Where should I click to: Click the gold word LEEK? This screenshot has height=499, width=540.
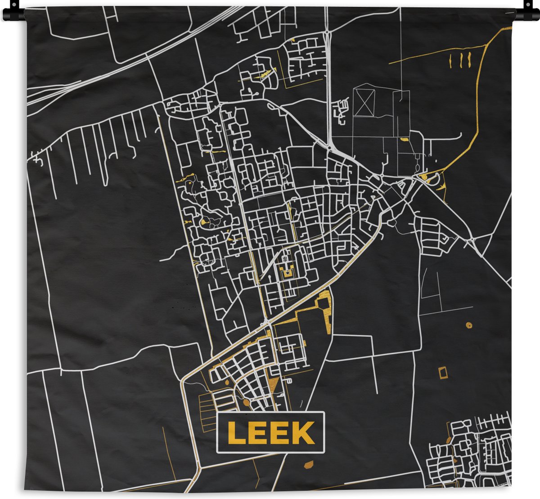pos(270,432)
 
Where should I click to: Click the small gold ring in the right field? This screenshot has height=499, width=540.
pos(469,324)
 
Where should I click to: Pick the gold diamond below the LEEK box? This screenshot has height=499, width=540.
pos(309,463)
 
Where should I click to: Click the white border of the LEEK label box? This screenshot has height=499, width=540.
pos(270,413)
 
